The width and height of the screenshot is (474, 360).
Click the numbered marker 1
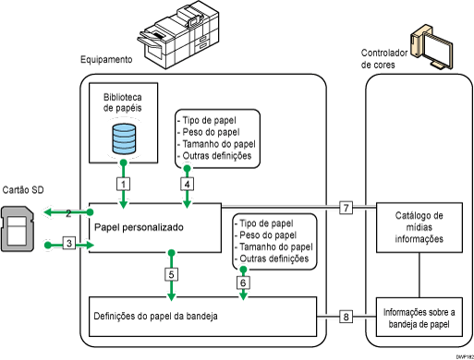122,184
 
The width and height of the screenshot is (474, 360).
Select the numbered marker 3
68,244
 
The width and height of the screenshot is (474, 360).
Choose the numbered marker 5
171,274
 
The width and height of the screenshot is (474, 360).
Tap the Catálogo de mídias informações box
419,227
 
